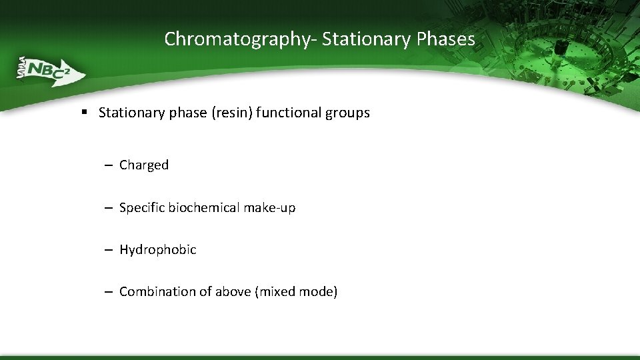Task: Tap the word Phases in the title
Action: click(445, 39)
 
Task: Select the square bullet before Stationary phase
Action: click(85, 113)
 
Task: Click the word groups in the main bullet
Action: click(347, 113)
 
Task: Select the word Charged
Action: click(144, 165)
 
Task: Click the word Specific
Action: click(142, 208)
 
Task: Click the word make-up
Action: click(269, 208)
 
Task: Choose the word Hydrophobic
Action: click(158, 250)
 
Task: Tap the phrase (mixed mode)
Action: click(296, 292)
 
